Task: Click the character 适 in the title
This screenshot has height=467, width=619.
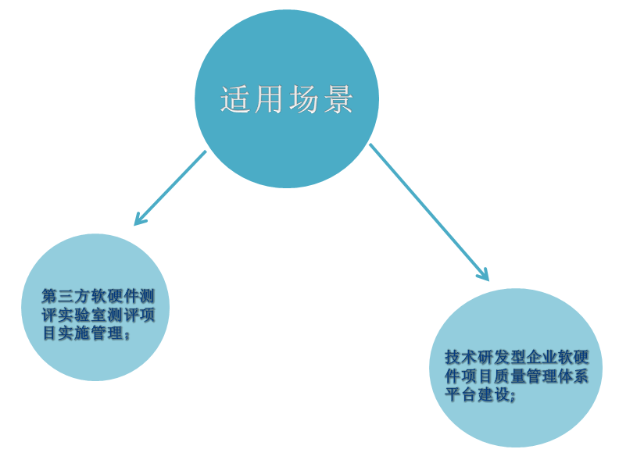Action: click(x=235, y=99)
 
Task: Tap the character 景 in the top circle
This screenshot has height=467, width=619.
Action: click(x=338, y=99)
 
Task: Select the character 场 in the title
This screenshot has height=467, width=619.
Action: click(x=304, y=99)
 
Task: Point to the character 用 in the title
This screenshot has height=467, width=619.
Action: click(x=269, y=99)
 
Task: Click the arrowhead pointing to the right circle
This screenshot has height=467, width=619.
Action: click(x=483, y=274)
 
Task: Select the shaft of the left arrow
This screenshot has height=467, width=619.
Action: click(x=170, y=187)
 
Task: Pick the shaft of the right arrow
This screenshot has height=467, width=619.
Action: click(x=429, y=212)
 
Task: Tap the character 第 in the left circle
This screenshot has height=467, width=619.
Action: click(x=49, y=296)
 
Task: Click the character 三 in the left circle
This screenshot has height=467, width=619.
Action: click(x=66, y=296)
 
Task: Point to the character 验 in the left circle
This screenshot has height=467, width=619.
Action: click(x=82, y=315)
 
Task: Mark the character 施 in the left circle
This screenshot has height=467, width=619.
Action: click(x=82, y=333)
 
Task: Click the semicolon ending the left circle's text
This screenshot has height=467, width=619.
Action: click(x=127, y=336)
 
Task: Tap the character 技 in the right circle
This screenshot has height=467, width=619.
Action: click(x=453, y=358)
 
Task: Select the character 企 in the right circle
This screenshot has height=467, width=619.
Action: click(x=532, y=358)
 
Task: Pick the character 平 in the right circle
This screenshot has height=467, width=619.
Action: click(x=453, y=395)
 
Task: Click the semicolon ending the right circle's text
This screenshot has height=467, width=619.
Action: click(x=513, y=397)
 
